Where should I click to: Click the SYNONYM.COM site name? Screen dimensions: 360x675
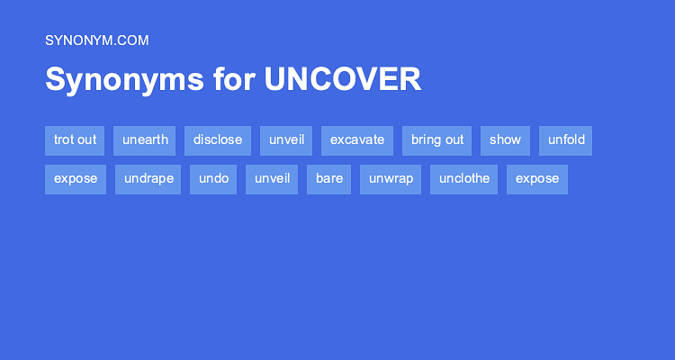tap(96, 40)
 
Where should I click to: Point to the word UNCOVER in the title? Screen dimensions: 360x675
tap(342, 79)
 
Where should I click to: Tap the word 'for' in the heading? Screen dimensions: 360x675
tap(234, 79)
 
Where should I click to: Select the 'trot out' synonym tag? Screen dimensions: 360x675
tap(75, 140)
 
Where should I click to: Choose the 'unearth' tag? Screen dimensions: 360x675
tap(145, 140)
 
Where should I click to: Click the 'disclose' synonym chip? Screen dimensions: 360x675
tap(218, 140)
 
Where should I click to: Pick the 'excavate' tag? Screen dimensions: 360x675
tap(357, 140)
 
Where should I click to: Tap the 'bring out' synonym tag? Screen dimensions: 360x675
tap(437, 140)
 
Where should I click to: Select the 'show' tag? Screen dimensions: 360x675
tap(506, 140)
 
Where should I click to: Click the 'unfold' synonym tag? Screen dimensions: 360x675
tap(566, 140)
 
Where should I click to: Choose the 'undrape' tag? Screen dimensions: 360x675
tap(148, 179)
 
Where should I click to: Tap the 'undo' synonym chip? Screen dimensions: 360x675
tap(213, 179)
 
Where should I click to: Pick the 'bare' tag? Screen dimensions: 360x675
tap(329, 179)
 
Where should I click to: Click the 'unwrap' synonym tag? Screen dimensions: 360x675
tap(391, 179)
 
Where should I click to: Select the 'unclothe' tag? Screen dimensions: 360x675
tap(464, 179)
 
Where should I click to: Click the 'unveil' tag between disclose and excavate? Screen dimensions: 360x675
tap(286, 140)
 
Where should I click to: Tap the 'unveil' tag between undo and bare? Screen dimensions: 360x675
tap(272, 179)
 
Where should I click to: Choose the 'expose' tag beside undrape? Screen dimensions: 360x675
tap(76, 179)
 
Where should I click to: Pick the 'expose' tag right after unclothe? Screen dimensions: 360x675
tap(537, 179)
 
